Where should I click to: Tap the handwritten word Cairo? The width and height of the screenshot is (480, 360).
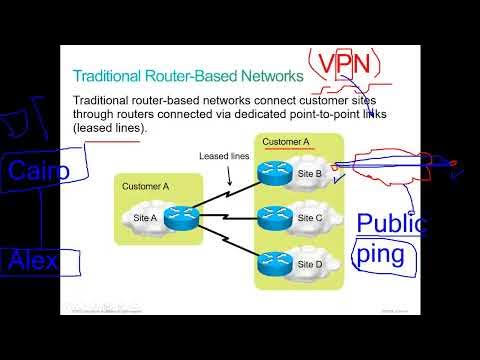[x=39, y=171]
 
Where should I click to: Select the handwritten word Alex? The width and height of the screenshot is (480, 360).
[x=33, y=262]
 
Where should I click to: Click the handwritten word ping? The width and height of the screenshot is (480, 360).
[x=381, y=253]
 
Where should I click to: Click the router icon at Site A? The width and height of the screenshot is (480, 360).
[x=181, y=216]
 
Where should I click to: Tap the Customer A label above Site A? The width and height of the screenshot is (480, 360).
[x=146, y=186]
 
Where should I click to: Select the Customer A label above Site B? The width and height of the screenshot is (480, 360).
[x=286, y=143]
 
